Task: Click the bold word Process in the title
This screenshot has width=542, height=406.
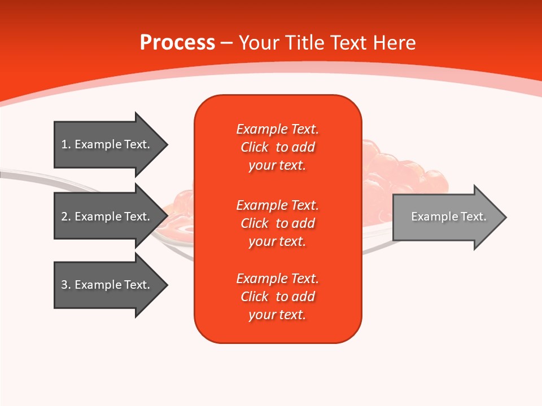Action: tap(177, 43)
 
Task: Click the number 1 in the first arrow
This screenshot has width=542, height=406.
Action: tap(64, 144)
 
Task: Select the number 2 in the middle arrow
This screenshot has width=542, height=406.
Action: tap(64, 217)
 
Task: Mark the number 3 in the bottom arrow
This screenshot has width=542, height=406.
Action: tap(64, 285)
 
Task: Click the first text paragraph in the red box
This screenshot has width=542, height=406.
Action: tap(277, 147)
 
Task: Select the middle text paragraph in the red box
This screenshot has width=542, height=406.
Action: tap(277, 223)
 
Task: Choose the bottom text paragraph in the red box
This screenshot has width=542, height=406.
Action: tap(277, 297)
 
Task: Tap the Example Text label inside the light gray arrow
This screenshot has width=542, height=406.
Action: tap(448, 217)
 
